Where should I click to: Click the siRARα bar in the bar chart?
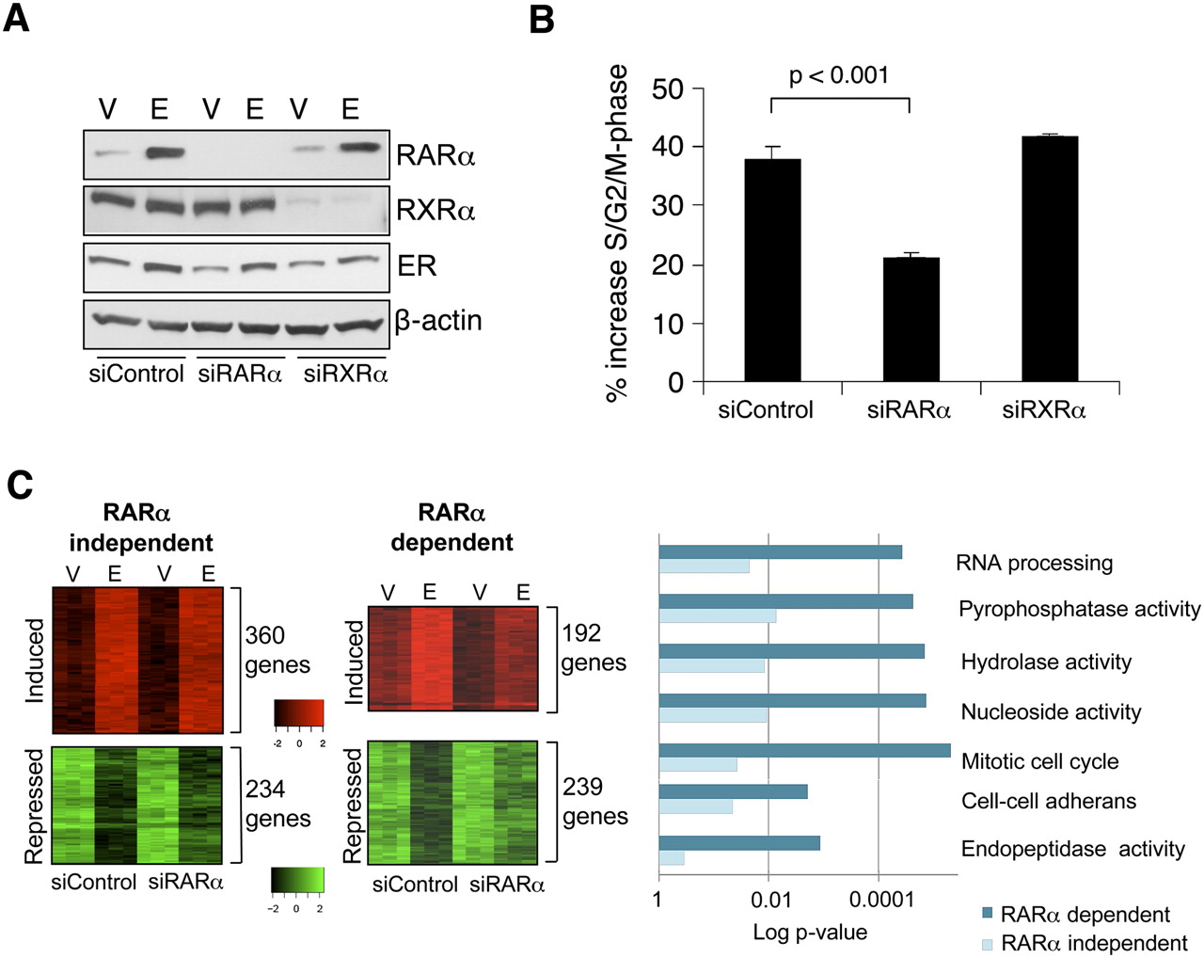pyautogui.click(x=911, y=319)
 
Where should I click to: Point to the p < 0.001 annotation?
pyautogui.click(x=839, y=75)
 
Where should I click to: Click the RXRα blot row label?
pyautogui.click(x=436, y=210)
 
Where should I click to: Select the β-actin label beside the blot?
pyautogui.click(x=438, y=321)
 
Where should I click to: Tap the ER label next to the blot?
pyautogui.click(x=417, y=265)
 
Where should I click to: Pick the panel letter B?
pyautogui.click(x=542, y=19)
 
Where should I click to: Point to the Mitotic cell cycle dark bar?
pyautogui.click(x=805, y=750)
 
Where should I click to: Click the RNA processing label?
pyautogui.click(x=1034, y=563)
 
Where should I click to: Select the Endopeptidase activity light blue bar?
pyautogui.click(x=672, y=858)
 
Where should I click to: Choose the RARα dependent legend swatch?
pyautogui.click(x=987, y=913)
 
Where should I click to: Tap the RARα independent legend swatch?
pyautogui.click(x=987, y=943)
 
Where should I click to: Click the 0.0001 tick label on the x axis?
pyautogui.click(x=881, y=900)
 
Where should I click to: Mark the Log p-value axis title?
pyautogui.click(x=810, y=932)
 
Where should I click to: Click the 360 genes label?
pyautogui.click(x=277, y=650)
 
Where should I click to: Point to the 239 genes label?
pyautogui.click(x=594, y=801)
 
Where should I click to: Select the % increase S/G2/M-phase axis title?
pyautogui.click(x=617, y=233)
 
